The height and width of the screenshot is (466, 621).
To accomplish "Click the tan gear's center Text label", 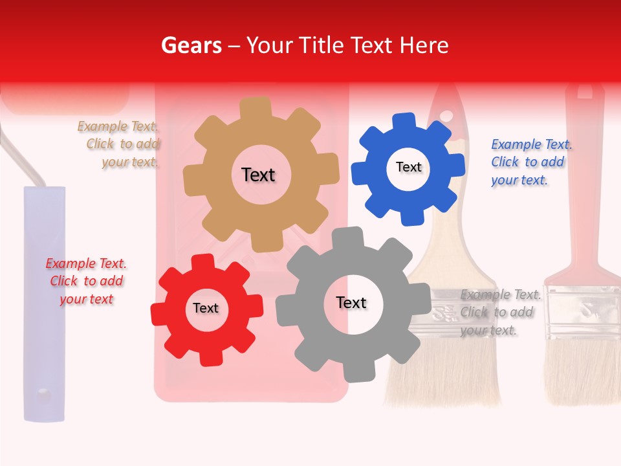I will click(258, 175).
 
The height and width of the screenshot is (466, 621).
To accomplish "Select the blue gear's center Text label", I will click(408, 167).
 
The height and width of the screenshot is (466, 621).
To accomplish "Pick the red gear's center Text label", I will click(206, 308).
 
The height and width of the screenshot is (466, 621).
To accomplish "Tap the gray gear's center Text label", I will click(351, 302).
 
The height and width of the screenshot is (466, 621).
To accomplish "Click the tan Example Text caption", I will click(119, 144).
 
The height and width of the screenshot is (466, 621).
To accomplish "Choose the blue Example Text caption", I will click(530, 162).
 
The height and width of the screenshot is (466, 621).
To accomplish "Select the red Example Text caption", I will click(86, 281).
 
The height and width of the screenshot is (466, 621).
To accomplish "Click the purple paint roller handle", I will click(45, 304).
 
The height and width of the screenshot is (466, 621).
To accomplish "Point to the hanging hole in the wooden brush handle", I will click(446, 116).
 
